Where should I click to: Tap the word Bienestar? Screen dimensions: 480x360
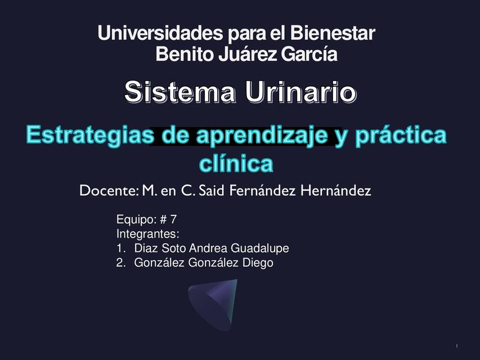333,33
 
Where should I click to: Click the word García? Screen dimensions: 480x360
309,54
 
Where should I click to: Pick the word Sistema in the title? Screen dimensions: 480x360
180,92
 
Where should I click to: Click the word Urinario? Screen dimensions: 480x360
301,92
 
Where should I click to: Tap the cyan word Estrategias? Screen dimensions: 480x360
90,135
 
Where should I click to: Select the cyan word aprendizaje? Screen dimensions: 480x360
262,135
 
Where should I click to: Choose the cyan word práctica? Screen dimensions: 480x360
401,135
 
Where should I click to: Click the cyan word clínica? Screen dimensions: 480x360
236,163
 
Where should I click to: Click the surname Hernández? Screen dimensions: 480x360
336,191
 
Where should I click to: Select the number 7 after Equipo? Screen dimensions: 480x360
173,219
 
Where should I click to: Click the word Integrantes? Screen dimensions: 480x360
147,234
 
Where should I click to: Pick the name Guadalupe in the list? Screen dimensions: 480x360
259,248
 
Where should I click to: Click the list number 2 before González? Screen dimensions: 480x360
120,263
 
